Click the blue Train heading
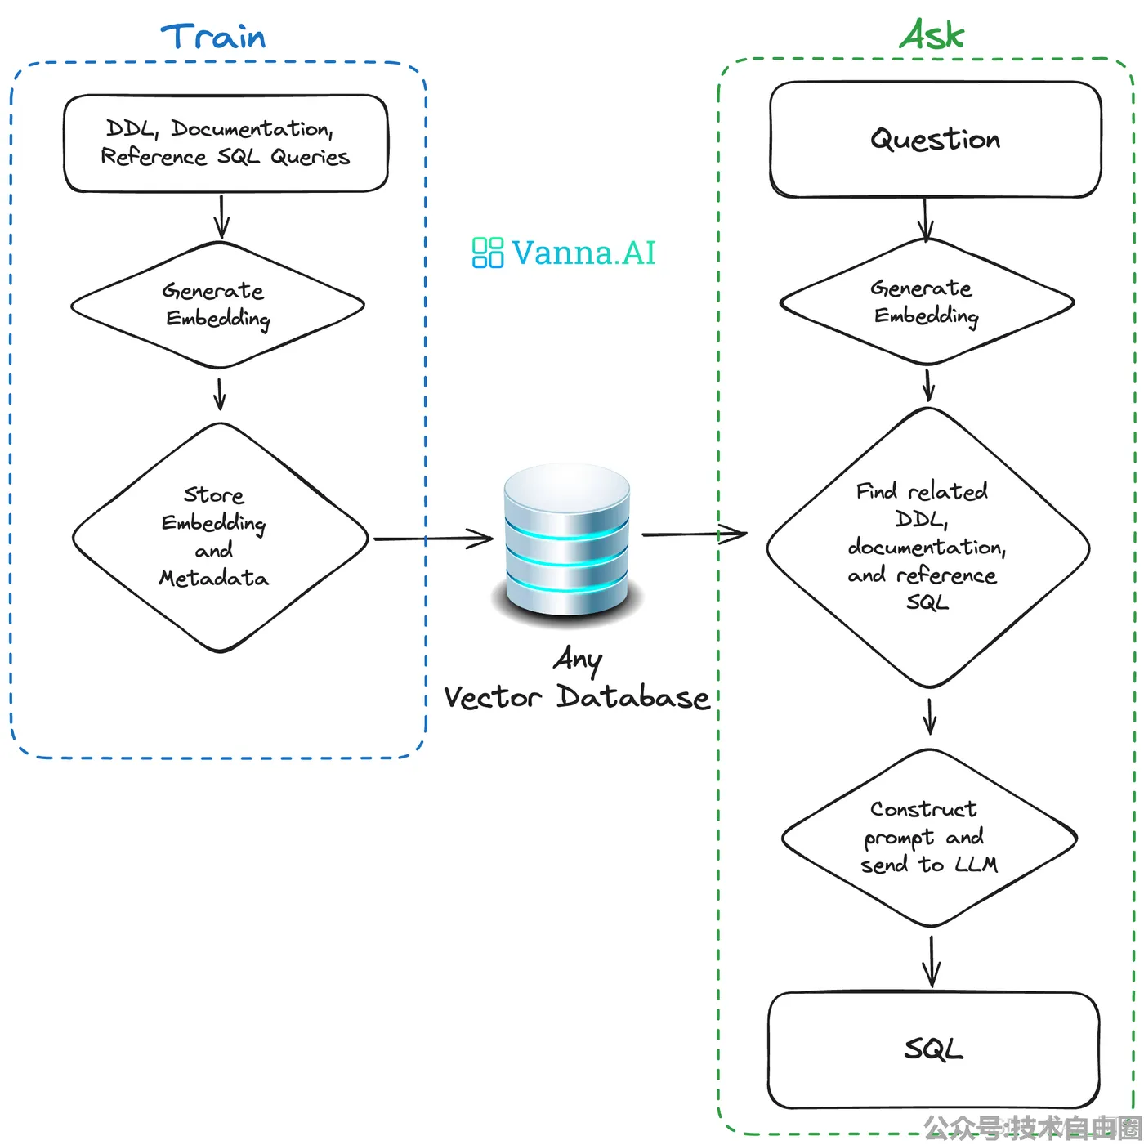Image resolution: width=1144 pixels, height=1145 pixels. pyautogui.click(x=212, y=36)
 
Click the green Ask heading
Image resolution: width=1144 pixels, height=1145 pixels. pyautogui.click(x=931, y=34)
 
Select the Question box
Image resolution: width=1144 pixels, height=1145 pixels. pyautogui.click(x=935, y=140)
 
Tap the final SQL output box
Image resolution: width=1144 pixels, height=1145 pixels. pyautogui.click(x=933, y=1049)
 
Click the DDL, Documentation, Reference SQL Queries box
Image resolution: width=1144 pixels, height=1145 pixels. pyautogui.click(x=226, y=143)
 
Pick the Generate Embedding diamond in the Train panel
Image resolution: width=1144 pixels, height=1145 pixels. pyautogui.click(x=217, y=305)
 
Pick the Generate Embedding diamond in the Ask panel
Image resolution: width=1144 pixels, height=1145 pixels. pyautogui.click(x=927, y=302)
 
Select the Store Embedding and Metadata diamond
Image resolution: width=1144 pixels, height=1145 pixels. pyautogui.click(x=220, y=538)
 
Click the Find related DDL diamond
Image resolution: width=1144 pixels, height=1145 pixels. pyautogui.click(x=927, y=548)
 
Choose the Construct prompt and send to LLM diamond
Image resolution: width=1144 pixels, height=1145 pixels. pyautogui.click(x=929, y=837)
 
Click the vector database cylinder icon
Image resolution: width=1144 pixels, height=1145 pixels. pyautogui.click(x=567, y=541)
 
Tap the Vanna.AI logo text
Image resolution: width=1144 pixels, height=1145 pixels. pyautogui.click(x=583, y=253)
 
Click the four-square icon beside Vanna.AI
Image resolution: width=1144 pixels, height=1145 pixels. pyautogui.click(x=487, y=253)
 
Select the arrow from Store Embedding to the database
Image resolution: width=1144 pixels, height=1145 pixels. pyautogui.click(x=433, y=539)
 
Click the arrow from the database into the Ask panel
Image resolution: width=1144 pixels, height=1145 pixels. pyautogui.click(x=694, y=534)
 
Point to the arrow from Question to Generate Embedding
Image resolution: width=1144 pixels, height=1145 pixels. pyautogui.click(x=925, y=220)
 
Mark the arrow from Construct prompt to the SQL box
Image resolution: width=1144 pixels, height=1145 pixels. pyautogui.click(x=932, y=961)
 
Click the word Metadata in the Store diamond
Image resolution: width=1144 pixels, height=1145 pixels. pyautogui.click(x=214, y=578)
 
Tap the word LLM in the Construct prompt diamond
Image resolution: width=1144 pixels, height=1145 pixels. pyautogui.click(x=976, y=864)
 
